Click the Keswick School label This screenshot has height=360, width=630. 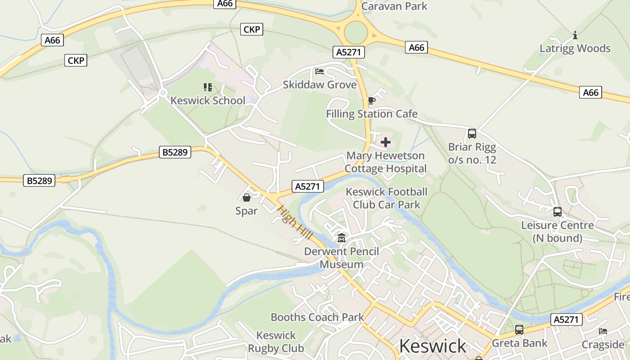208,100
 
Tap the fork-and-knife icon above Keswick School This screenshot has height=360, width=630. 207,87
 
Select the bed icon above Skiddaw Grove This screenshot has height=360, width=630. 319,72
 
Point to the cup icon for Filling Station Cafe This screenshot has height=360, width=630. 371,100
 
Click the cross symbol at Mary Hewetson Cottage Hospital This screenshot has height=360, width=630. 386,143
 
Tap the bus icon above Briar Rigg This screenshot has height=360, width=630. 472,133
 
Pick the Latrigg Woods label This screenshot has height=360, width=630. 575,49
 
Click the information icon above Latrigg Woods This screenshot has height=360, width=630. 575,35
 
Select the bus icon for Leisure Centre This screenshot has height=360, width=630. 557,211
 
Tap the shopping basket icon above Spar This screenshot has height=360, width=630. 247,197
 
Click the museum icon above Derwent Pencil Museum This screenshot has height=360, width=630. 342,238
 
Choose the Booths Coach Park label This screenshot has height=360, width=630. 317,317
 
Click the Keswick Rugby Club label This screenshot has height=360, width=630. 276,342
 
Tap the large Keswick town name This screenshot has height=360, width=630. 432,346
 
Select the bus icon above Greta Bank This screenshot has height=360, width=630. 519,330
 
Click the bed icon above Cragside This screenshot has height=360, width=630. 603,331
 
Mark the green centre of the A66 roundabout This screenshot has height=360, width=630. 356,32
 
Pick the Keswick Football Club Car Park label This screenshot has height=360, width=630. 387,198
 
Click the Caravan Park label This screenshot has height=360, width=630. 394,6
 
